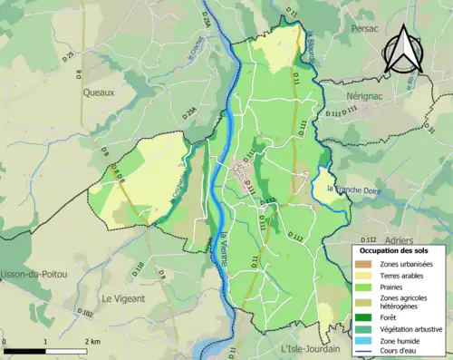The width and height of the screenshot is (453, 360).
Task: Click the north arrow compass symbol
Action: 401,50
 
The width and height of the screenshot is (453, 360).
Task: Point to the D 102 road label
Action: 85,313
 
